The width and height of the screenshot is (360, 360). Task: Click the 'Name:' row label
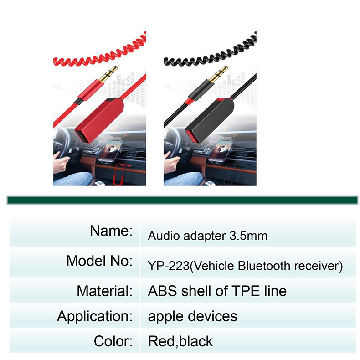tap(111, 231)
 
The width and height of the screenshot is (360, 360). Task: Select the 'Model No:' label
tap(99, 261)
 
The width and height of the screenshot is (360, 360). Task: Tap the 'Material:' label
tap(105, 291)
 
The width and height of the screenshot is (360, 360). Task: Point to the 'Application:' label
tap(95, 316)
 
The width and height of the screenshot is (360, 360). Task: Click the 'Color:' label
tap(113, 341)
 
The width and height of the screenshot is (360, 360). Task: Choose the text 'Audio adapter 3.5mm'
tap(207, 236)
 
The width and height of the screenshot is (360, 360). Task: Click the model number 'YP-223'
tap(169, 266)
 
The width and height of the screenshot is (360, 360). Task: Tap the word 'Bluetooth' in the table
tap(264, 266)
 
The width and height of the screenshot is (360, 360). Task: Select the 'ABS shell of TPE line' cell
tap(217, 291)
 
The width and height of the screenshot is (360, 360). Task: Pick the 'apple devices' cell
tap(192, 316)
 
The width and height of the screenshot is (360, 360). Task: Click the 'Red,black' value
tap(180, 341)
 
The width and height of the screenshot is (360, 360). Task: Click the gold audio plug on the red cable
tap(108, 74)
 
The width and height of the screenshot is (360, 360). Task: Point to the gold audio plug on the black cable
tap(218, 74)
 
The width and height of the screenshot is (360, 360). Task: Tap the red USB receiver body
tap(99, 120)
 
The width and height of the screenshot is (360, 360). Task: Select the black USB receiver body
tap(209, 120)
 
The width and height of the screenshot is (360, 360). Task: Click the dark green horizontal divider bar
tap(182, 200)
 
